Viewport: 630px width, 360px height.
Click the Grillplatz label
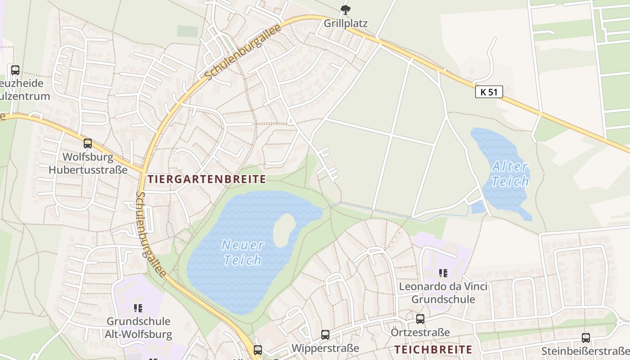point(346,23)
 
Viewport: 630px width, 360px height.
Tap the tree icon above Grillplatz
point(346,9)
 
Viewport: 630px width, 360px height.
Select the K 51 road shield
point(489,92)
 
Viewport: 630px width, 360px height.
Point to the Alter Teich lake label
point(510,174)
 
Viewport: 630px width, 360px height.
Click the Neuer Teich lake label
point(243,252)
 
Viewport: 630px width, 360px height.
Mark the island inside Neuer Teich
point(284,229)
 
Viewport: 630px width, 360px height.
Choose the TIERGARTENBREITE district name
point(207,179)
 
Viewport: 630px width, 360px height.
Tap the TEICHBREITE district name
point(433,350)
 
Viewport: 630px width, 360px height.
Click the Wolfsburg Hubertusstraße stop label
point(88,163)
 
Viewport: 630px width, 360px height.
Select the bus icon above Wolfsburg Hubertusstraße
point(88,144)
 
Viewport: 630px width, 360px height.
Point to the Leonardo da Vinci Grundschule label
point(443,293)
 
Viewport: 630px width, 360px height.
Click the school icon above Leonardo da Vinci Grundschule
point(443,273)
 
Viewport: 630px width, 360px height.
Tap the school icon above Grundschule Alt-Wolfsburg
point(138,308)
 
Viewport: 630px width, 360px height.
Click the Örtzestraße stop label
point(420,333)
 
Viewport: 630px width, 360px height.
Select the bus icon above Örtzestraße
point(420,319)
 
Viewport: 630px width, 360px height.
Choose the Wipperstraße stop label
point(325,348)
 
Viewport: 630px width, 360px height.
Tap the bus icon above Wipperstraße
point(325,335)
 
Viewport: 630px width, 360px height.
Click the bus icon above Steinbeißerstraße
point(585,338)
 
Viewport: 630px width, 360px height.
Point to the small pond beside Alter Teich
point(477,207)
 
